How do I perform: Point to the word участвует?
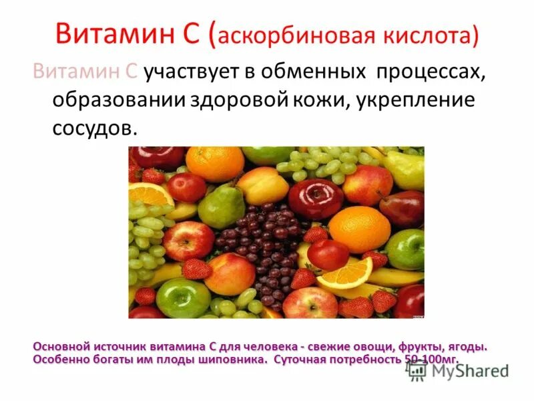click(200, 73)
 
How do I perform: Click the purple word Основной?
click(63, 347)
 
